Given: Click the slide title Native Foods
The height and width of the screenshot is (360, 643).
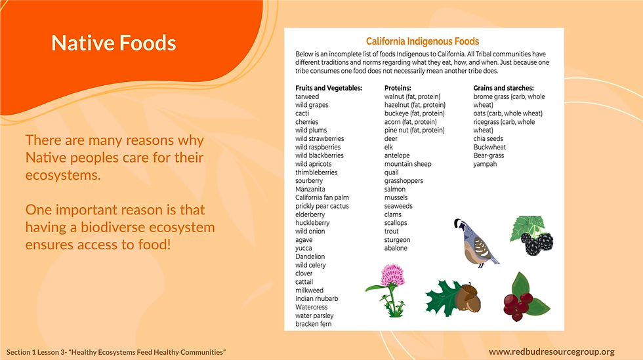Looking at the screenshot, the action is [114, 43].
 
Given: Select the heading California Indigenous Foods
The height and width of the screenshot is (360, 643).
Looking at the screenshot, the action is [423, 41].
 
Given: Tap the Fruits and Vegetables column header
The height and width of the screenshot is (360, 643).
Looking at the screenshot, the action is [329, 88].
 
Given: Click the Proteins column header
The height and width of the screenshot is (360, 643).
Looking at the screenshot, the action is [398, 88].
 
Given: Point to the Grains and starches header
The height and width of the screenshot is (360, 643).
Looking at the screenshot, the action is [504, 88].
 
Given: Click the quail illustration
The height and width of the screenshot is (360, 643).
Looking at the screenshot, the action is [475, 243].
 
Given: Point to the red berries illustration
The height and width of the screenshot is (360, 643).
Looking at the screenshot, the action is [526, 298].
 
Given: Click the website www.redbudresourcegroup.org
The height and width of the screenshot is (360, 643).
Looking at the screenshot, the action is [552, 351].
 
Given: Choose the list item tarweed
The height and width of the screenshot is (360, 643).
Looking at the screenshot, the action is [307, 97].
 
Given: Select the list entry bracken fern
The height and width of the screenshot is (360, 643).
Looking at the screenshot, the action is [314, 324].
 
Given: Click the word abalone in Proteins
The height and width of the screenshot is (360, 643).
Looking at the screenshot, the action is [396, 248].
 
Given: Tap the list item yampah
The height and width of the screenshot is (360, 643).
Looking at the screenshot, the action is [485, 164].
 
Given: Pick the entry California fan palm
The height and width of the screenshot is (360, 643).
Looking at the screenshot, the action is [322, 197].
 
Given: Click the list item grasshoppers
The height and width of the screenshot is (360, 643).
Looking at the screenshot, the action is [404, 181].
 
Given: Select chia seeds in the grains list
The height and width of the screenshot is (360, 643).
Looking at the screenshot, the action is [488, 138].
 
